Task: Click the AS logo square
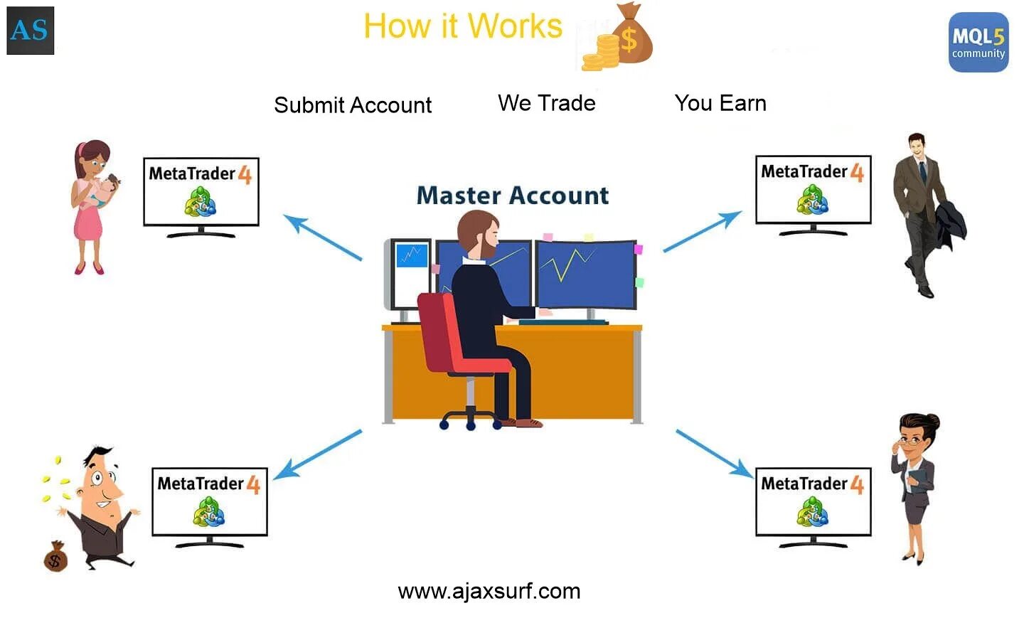(x=30, y=31)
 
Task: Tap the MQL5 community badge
(x=978, y=42)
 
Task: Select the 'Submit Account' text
(x=353, y=105)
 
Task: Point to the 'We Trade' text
(x=546, y=103)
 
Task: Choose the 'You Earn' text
(x=720, y=103)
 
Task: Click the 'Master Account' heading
(x=513, y=196)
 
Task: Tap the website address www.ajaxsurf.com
(x=489, y=591)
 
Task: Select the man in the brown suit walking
(x=923, y=213)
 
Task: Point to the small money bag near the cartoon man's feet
(x=55, y=557)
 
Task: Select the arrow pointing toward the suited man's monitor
(x=702, y=231)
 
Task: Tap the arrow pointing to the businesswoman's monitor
(x=714, y=453)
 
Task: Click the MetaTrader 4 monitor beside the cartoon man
(x=209, y=502)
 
